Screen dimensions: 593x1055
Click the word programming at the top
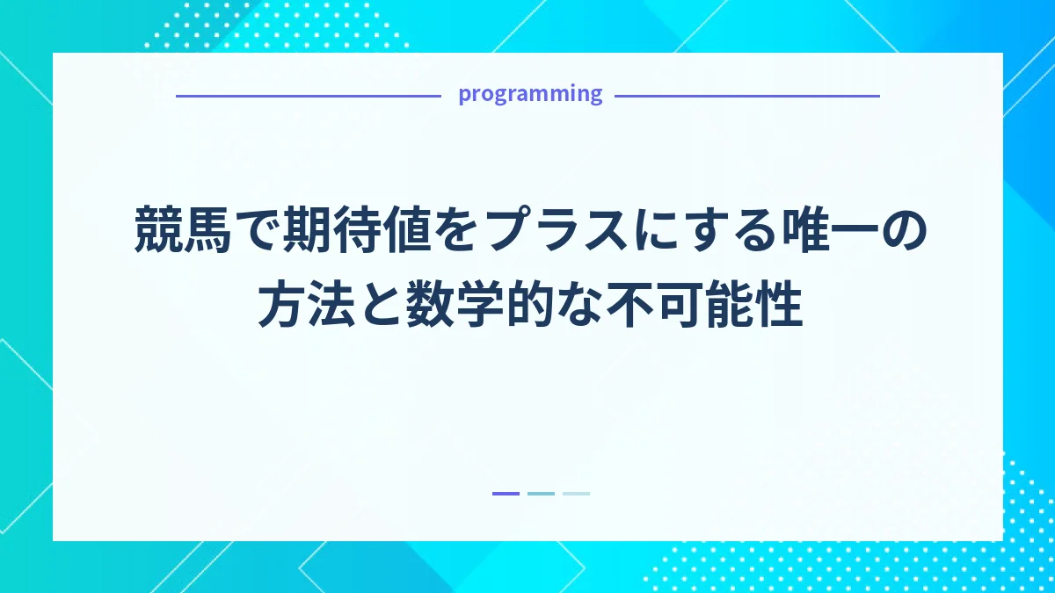pos(530,94)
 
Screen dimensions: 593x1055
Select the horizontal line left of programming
pos(308,96)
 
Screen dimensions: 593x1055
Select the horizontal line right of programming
pos(746,96)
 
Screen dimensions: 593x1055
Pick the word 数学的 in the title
pos(478,307)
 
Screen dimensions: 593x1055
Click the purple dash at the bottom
pos(506,494)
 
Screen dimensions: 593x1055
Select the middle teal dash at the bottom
pos(541,494)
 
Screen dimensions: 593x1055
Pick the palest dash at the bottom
pos(576,494)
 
